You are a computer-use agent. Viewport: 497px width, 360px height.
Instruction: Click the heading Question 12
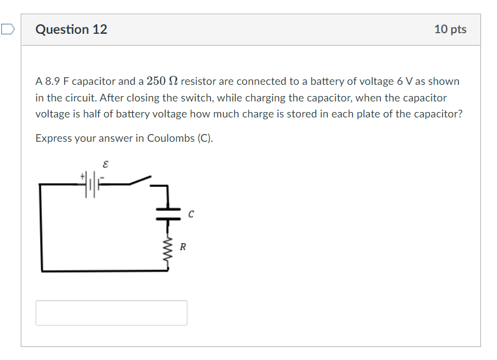[x=71, y=30]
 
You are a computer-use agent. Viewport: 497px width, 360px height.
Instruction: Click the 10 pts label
[x=450, y=30]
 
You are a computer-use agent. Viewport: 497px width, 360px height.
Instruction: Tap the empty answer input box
[x=111, y=313]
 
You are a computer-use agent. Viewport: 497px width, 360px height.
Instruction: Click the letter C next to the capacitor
[x=191, y=214]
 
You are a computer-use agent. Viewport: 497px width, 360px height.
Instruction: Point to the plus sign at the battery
[x=83, y=176]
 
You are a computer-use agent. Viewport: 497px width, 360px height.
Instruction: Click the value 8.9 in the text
[x=53, y=81]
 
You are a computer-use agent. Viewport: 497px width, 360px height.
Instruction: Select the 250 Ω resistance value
[x=165, y=81]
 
